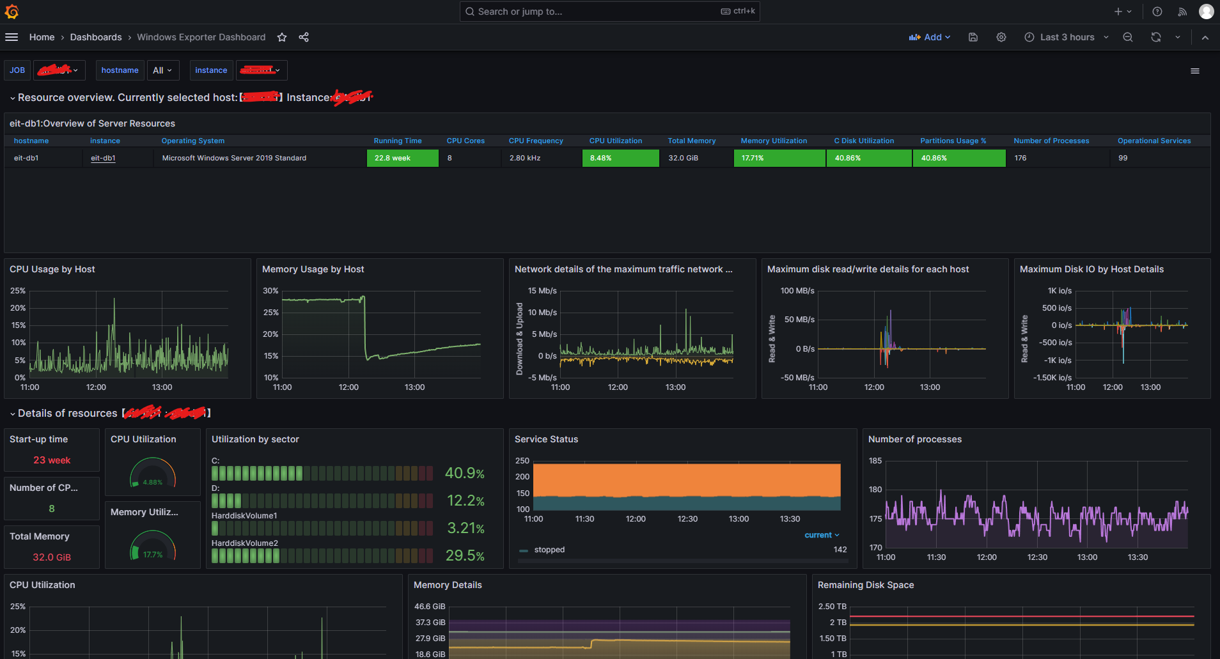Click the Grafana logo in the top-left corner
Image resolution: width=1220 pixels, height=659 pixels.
tap(12, 12)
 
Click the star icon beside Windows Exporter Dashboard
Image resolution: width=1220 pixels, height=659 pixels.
tap(282, 37)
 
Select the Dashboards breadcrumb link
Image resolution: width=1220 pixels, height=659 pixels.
tap(96, 37)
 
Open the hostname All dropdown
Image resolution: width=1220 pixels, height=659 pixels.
tap(162, 70)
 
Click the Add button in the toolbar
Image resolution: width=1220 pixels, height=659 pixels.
tap(930, 37)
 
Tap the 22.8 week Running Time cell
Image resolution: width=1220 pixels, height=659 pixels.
tap(402, 158)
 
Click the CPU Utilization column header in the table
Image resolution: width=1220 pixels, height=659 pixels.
tap(615, 141)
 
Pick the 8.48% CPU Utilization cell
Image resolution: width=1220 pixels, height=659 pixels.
tap(620, 158)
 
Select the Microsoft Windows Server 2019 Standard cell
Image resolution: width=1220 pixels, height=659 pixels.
tap(234, 158)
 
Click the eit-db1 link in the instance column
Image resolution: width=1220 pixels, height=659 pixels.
tap(103, 158)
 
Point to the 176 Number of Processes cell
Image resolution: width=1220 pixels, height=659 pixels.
tap(1021, 158)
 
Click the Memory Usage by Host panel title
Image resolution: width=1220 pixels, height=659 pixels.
tap(313, 269)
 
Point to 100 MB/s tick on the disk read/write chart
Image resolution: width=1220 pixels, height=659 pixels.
tap(797, 291)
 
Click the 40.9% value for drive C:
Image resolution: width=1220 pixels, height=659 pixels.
tap(464, 473)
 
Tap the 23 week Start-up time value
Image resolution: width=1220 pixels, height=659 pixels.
tap(52, 460)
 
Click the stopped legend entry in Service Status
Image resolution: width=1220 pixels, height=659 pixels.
tap(549, 550)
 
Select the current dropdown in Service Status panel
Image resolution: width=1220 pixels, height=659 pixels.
tap(821, 535)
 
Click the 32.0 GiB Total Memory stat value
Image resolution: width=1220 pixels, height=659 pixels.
tap(52, 557)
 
